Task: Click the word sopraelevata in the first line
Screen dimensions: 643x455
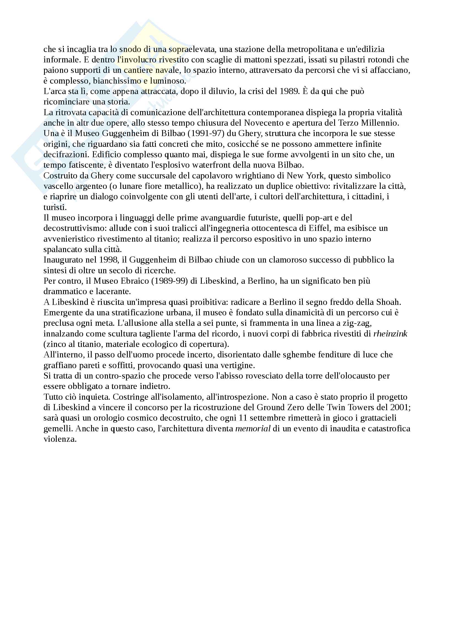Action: tap(192, 49)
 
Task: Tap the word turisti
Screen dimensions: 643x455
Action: tap(55, 207)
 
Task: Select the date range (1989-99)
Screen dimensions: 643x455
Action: tap(170, 281)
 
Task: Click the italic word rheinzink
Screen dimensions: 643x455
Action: tap(390, 333)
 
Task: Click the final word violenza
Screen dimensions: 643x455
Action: tap(60, 439)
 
